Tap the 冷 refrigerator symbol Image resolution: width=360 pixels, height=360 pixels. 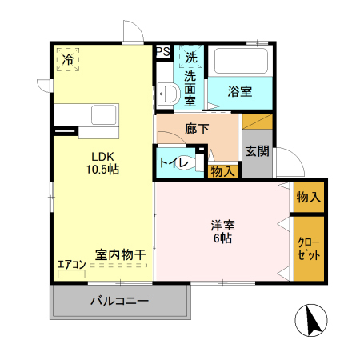pos(69,59)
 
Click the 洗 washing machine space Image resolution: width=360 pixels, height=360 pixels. pos(191,58)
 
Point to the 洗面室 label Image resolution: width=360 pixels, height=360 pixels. pos(191,88)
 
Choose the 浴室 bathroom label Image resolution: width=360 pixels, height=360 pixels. pos(239,91)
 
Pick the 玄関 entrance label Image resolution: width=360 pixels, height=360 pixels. pos(256,152)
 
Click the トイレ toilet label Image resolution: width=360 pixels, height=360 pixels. pos(174,162)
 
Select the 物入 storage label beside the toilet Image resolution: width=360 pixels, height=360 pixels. pos(222,170)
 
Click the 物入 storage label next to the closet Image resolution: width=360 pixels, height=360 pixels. pos(308,196)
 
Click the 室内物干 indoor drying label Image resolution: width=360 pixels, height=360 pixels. pos(121,254)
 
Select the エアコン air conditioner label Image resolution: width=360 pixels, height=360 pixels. pos(70,264)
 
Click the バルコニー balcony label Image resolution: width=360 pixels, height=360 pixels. pos(118,302)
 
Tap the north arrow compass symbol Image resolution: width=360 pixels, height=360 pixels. pos(313,322)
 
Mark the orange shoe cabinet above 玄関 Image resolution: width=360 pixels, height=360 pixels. pos(258,122)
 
